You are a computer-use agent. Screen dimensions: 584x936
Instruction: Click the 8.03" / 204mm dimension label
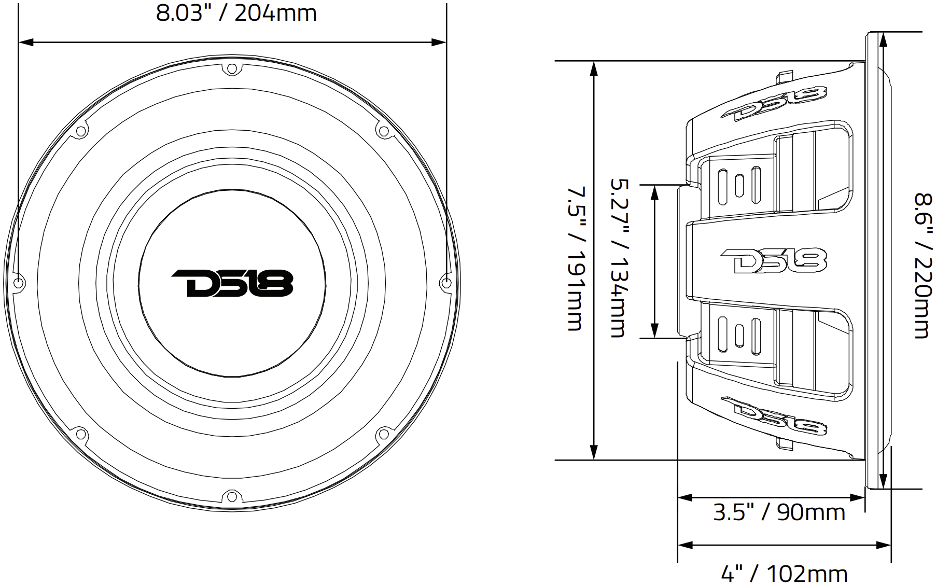(x=236, y=13)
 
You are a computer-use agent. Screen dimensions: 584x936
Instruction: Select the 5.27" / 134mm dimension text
(x=618, y=258)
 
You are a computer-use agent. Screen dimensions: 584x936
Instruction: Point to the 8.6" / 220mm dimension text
(x=923, y=266)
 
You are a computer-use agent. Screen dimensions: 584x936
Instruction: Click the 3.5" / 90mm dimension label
(x=779, y=512)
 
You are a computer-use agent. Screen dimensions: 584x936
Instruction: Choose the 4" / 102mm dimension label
(x=784, y=574)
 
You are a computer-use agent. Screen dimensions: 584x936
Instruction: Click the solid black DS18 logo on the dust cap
(x=232, y=283)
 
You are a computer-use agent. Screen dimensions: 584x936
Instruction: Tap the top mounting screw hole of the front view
(x=232, y=68)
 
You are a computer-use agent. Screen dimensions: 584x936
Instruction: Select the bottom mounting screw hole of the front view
(x=232, y=497)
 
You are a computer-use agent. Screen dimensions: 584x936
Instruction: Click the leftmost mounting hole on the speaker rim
(x=19, y=283)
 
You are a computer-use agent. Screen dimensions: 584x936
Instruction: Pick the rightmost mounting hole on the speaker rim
(x=446, y=283)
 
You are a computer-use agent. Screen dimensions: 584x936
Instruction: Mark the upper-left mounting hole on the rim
(x=81, y=131)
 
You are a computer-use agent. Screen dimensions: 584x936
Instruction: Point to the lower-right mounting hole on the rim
(x=383, y=435)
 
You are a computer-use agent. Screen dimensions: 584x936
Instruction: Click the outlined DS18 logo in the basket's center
(x=773, y=260)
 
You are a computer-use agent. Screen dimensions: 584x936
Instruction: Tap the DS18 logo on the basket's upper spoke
(x=774, y=104)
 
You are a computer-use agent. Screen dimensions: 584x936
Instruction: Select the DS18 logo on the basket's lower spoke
(x=774, y=416)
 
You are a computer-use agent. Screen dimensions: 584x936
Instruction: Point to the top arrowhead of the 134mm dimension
(x=655, y=191)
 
